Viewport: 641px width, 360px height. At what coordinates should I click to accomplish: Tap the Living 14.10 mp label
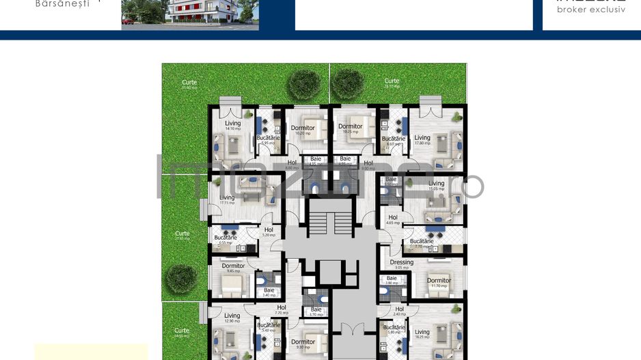[x=233, y=126]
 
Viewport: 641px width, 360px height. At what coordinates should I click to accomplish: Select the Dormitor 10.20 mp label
[x=303, y=130]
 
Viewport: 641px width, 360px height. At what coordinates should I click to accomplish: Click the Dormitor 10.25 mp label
[x=350, y=128]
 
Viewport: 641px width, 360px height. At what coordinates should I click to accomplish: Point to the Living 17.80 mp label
[x=422, y=140]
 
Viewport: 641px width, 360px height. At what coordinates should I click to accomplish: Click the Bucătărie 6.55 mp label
[x=224, y=240]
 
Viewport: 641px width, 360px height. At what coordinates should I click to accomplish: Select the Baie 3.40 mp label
[x=269, y=292]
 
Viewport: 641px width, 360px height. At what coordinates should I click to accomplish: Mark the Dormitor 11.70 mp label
[x=439, y=282]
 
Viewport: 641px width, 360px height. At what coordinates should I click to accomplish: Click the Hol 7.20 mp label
[x=281, y=309]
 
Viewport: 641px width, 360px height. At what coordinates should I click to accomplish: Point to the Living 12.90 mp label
[x=232, y=318]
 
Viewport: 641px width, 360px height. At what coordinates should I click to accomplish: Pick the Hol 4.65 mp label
[x=392, y=220]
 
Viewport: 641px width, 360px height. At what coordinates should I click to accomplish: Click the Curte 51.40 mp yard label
[x=189, y=85]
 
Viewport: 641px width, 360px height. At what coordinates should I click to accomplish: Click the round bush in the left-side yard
[x=181, y=277]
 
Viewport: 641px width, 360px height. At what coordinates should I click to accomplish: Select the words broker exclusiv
[x=591, y=10]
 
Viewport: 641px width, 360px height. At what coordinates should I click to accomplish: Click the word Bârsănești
[x=62, y=3]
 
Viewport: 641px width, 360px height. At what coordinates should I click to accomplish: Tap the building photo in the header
[x=190, y=14]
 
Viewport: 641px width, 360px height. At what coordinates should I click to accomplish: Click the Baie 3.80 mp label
[x=392, y=280]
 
